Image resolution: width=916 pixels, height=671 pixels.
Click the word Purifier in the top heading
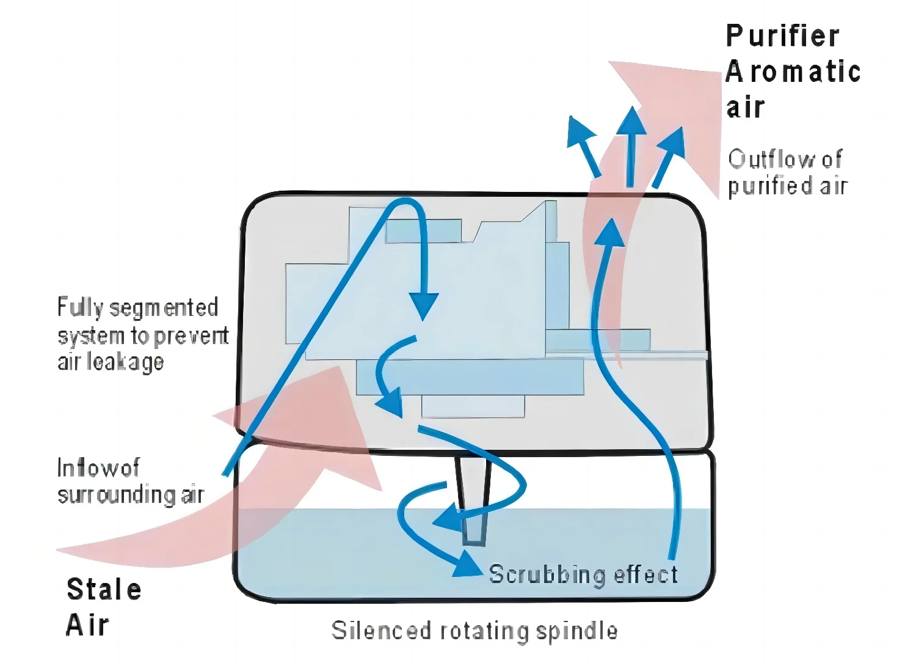click(782, 36)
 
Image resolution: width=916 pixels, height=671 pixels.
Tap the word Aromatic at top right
click(793, 72)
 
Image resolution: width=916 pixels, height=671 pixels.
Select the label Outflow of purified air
click(787, 172)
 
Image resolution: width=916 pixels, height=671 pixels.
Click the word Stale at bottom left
click(104, 590)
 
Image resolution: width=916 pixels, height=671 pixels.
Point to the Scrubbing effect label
click(583, 574)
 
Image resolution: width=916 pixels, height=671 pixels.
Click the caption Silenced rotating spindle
click(474, 631)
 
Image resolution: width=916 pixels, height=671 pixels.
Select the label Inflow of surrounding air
click(130, 482)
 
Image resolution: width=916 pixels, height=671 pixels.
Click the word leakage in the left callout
click(125, 362)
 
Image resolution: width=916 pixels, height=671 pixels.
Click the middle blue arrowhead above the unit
click(631, 122)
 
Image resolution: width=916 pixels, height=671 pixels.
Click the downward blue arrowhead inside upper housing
click(423, 305)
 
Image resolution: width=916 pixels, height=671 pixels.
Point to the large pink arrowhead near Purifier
click(678, 110)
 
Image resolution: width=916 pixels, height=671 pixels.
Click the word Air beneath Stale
click(87, 625)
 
